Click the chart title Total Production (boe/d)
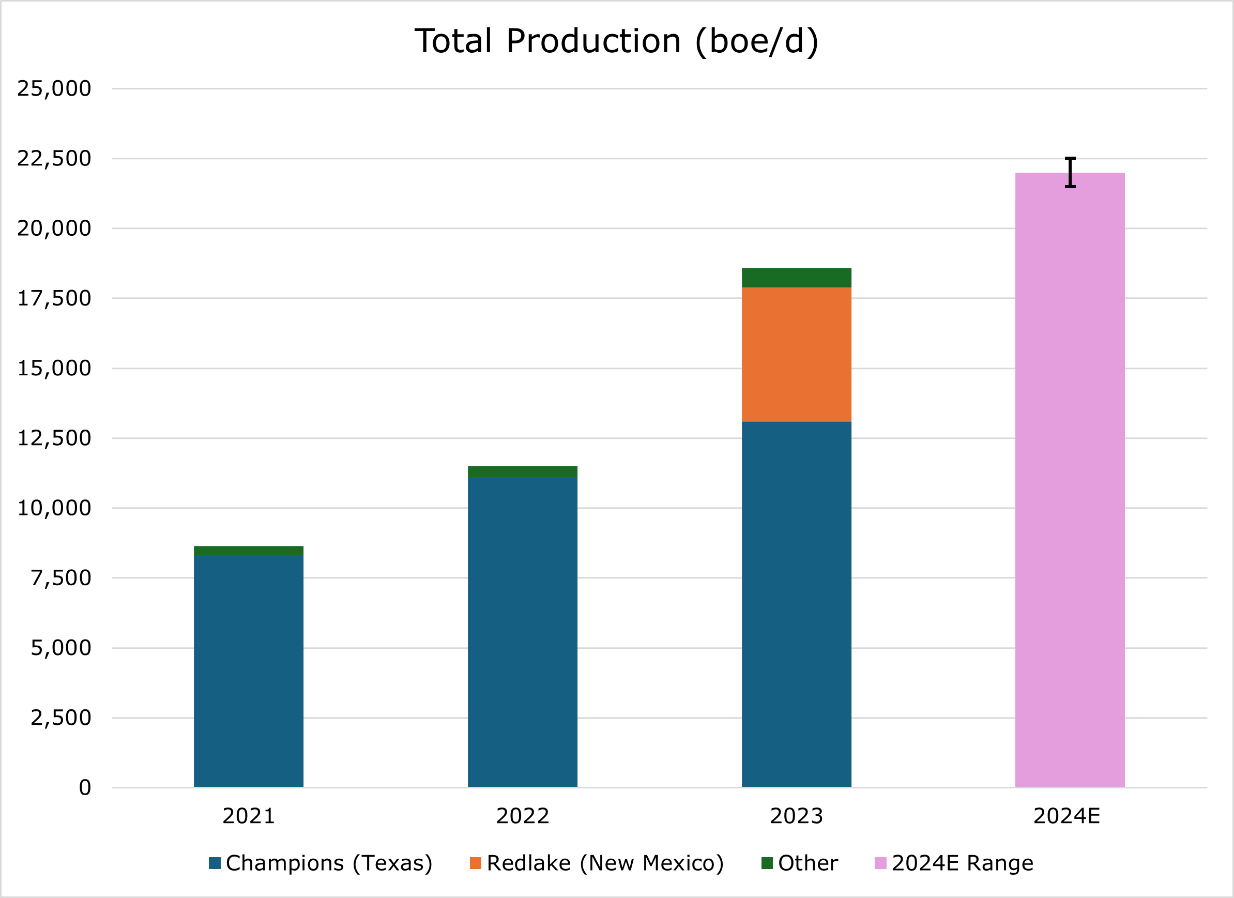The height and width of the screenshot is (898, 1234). coord(616,41)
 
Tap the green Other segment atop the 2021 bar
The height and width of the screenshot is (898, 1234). coord(249,550)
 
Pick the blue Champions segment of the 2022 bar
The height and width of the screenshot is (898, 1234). coord(522,631)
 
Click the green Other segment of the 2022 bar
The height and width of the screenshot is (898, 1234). coord(522,471)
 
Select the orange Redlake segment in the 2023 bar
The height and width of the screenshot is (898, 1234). coord(796,354)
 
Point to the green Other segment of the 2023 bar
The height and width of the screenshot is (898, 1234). coord(796,278)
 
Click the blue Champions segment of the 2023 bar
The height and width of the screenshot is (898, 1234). coord(796,604)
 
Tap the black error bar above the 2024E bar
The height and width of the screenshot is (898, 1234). coord(1070,172)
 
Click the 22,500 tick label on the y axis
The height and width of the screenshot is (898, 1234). coord(54,158)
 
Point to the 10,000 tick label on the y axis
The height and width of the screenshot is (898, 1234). coord(54,508)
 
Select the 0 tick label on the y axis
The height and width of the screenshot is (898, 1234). coord(85,787)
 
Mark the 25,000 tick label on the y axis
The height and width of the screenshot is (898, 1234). coord(54,88)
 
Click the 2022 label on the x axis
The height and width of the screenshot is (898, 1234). coord(522,816)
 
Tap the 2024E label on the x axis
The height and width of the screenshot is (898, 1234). coord(1067,816)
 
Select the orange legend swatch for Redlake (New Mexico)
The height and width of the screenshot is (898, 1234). coord(476,863)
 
